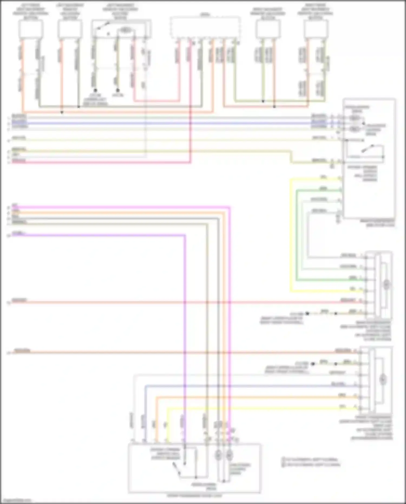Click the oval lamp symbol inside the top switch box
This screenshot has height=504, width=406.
[125, 30]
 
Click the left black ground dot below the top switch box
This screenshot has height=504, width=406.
[95, 90]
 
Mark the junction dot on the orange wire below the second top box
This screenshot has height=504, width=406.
[62, 112]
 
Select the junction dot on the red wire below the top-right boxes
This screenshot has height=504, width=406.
[274, 106]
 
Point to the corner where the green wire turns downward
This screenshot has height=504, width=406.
[297, 190]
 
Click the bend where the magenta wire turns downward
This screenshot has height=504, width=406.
[230, 208]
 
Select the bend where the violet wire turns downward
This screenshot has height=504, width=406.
[185, 236]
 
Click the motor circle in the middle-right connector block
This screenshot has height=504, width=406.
[386, 284]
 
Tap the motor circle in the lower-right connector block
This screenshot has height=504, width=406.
[382, 379]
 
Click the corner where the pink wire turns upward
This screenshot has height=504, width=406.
[190, 162]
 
